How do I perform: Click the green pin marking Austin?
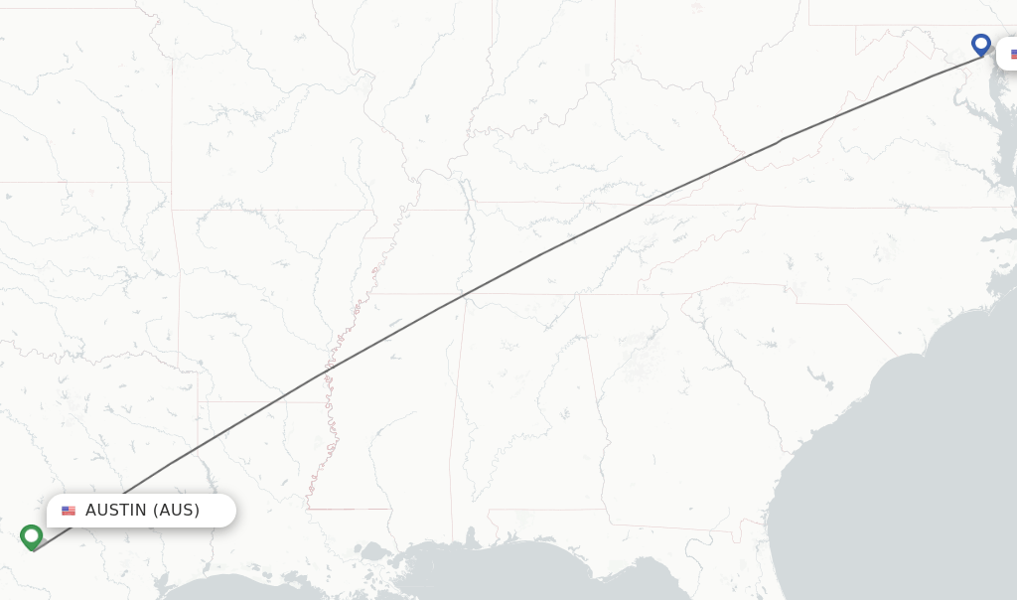[31, 536]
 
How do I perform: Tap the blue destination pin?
[981, 45]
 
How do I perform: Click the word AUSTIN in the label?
[115, 511]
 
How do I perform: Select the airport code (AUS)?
[176, 511]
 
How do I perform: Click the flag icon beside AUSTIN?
[69, 511]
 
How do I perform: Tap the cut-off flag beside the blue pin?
[1013, 55]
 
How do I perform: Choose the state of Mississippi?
[407, 417]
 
